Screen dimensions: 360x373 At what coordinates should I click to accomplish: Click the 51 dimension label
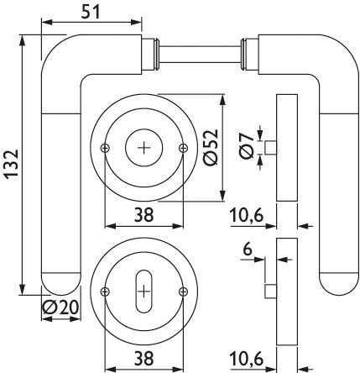click(x=91, y=12)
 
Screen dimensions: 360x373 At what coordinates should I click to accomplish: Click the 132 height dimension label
click(x=12, y=164)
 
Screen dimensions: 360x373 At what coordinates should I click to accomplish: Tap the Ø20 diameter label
click(x=60, y=308)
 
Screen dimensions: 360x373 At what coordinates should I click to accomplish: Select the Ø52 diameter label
click(x=211, y=147)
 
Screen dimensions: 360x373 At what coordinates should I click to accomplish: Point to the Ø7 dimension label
click(x=246, y=145)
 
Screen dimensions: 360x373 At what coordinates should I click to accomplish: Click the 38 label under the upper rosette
click(x=144, y=215)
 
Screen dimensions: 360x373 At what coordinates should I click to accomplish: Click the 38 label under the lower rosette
click(x=144, y=359)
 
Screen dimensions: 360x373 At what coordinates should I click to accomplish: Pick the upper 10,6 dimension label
click(x=247, y=216)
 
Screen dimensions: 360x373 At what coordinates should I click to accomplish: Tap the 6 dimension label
click(x=248, y=249)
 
